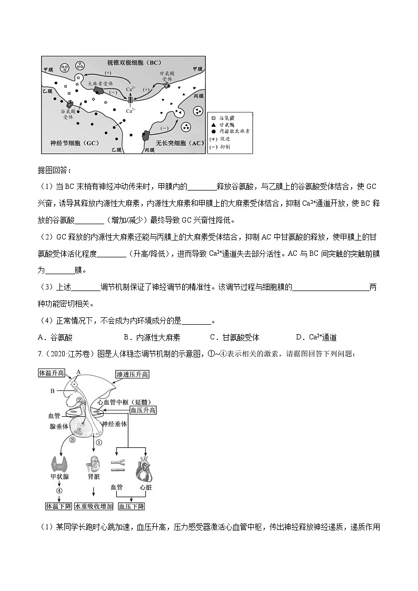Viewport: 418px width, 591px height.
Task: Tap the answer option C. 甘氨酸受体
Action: tap(234, 337)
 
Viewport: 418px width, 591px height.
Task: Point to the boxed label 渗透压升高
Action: tap(132, 374)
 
